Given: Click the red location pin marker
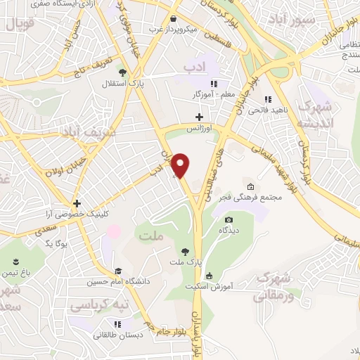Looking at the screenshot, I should tap(181, 165).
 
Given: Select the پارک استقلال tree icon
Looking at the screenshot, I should tap(123, 72).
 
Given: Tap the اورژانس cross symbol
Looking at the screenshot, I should tap(200, 117).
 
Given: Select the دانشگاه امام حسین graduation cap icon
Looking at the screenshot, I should tap(118, 271).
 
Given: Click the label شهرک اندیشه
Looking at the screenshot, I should tap(311, 115).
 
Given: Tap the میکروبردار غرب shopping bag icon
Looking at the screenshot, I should tap(173, 18).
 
